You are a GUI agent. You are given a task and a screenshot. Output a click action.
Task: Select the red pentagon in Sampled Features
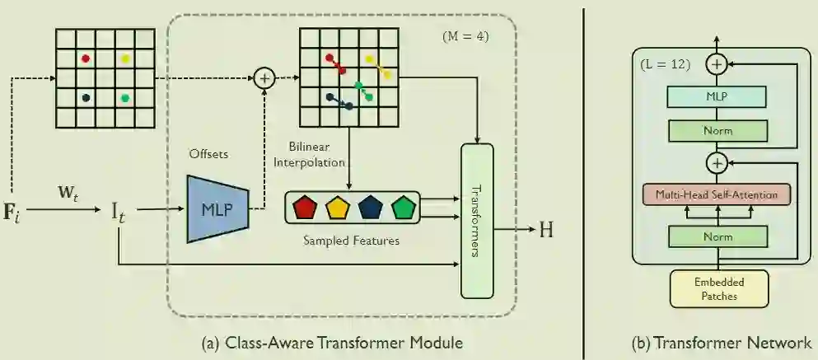click(x=306, y=208)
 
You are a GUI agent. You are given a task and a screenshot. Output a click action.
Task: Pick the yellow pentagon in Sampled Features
click(x=338, y=208)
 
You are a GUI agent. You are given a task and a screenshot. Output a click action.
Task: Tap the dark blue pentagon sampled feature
click(x=371, y=208)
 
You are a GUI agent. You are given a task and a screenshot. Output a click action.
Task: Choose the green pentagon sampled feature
click(x=403, y=208)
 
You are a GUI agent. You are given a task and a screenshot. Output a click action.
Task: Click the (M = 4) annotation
click(x=468, y=37)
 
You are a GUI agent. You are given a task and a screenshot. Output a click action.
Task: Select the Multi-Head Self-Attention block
click(x=717, y=195)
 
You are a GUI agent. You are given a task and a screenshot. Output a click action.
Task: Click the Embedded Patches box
click(x=717, y=288)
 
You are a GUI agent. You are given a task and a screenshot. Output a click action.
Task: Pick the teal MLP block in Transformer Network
click(x=717, y=97)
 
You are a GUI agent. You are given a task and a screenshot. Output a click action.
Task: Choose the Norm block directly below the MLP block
click(x=717, y=130)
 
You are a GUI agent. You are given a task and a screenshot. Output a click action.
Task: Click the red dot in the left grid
click(x=85, y=58)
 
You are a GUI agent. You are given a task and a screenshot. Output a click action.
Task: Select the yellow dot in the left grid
click(x=125, y=58)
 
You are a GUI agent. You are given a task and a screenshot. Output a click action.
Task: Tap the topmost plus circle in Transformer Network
click(x=718, y=63)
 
